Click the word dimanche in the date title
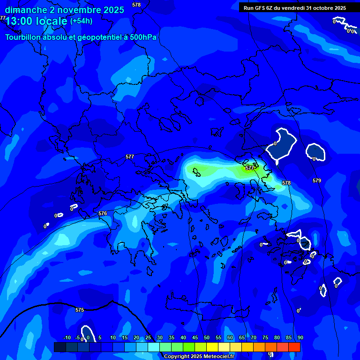26,10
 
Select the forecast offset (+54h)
81,21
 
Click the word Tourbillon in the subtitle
22,37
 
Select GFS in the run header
260,8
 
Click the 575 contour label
80,310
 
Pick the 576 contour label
103,213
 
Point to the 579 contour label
317,180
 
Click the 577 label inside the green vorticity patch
250,168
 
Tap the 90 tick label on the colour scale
300,338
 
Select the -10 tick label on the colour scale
67,338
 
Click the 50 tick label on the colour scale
207,338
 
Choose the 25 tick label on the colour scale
148,338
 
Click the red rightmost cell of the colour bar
294,347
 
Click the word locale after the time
52,21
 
